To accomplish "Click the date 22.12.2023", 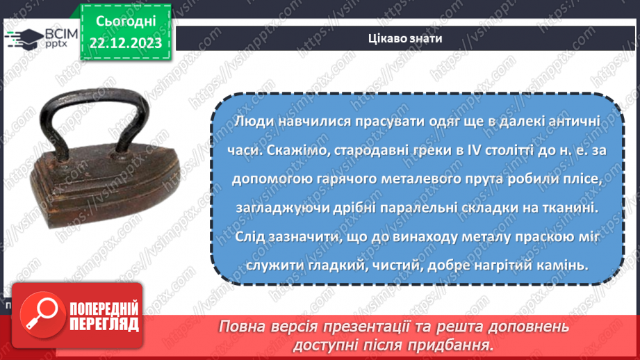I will coord(126,42).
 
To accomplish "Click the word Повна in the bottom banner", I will coord(243,327).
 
